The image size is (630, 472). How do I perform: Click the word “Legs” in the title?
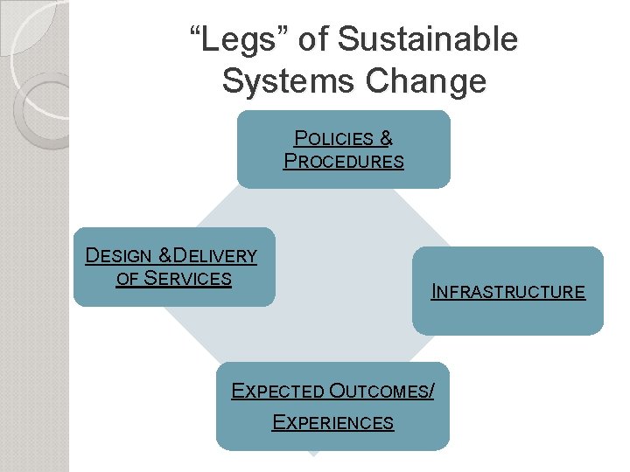(235, 39)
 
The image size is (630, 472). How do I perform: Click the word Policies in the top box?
(334, 138)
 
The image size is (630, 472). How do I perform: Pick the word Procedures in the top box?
(344, 161)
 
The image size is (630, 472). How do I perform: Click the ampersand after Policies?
(387, 138)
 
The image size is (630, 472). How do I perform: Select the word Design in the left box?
(117, 256)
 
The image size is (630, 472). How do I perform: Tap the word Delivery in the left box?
(215, 256)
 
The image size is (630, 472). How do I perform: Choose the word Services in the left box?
(187, 279)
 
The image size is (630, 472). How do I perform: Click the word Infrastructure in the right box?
(508, 292)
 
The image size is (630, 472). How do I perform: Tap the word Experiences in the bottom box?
(333, 423)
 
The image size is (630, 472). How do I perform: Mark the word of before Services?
(128, 279)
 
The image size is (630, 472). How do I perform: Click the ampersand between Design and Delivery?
(164, 256)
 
